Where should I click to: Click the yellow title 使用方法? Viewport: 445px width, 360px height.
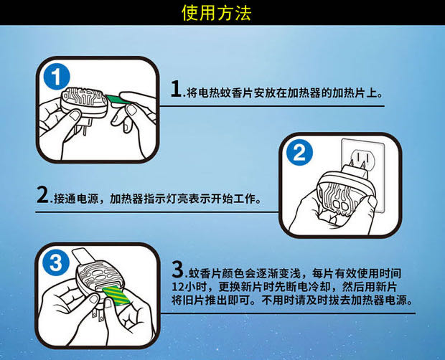coord(217,13)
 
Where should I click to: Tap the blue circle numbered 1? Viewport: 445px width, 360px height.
coord(57,77)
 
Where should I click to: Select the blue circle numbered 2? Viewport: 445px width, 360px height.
coord(299,153)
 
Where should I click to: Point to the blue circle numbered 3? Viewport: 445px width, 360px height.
coord(56,262)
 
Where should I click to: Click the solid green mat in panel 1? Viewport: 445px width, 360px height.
coord(119,100)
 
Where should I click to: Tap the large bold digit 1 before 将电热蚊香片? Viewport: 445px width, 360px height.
coord(176,89)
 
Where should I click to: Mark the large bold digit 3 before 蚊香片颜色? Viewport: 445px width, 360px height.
coord(177,270)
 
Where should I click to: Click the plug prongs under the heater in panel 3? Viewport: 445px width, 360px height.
coord(98,316)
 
